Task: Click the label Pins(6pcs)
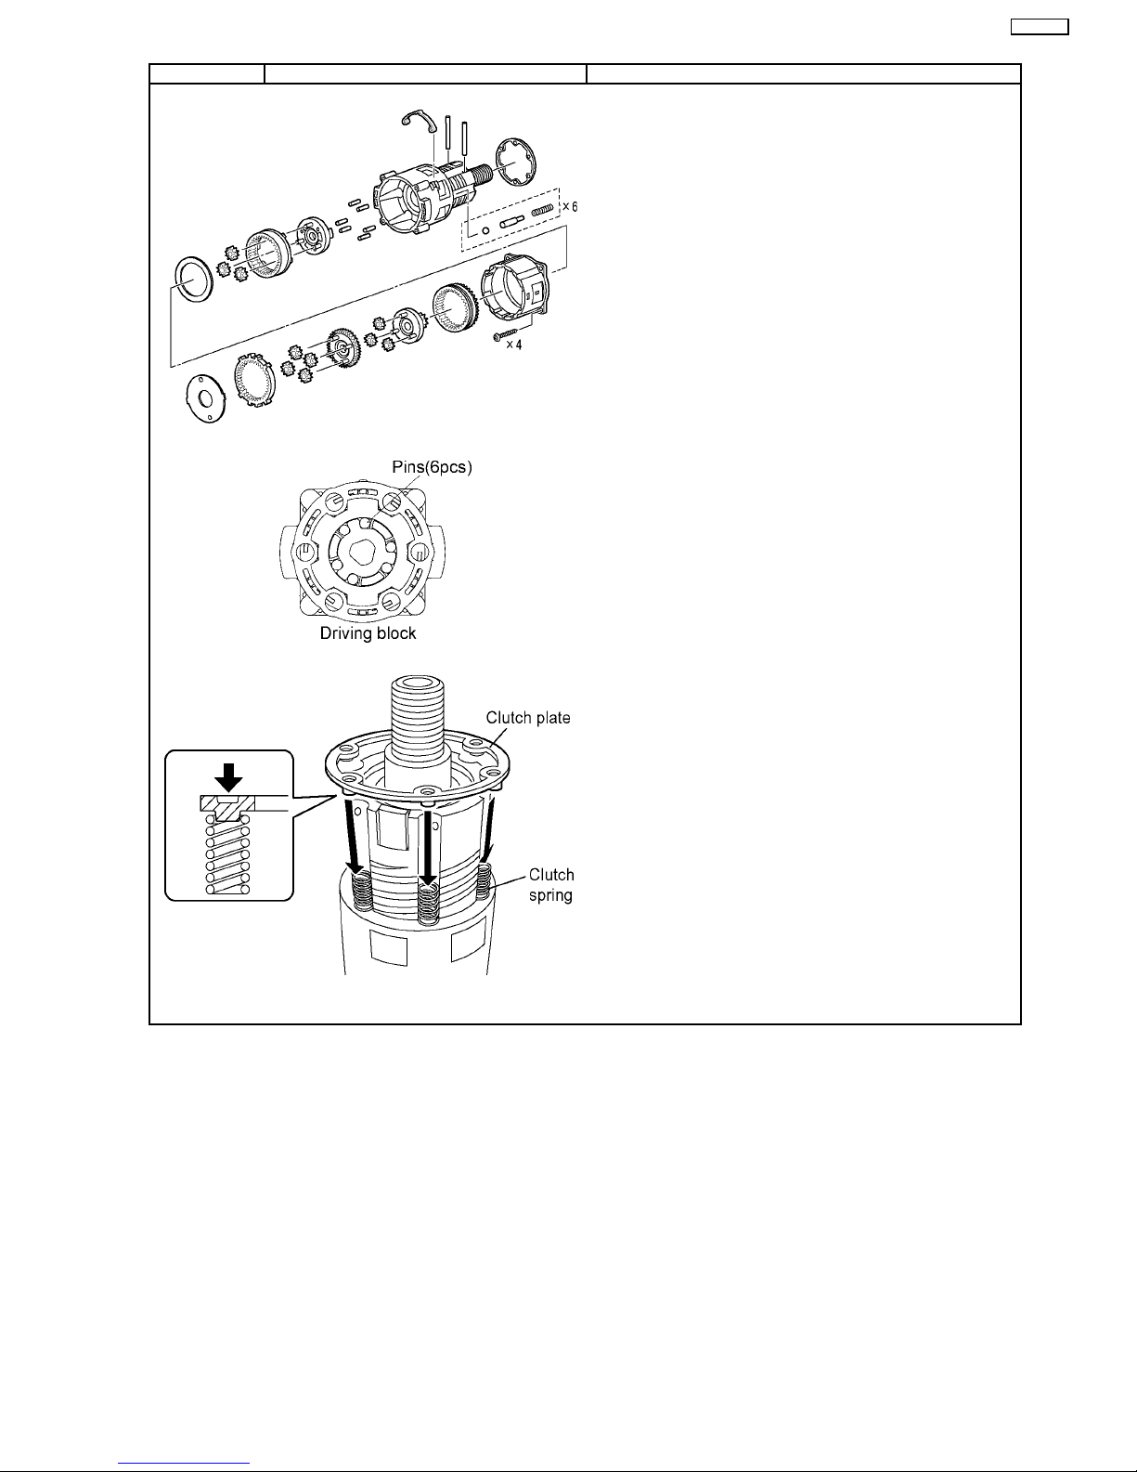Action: coord(432,467)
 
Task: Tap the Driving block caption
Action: coord(368,633)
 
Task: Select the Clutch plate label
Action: coord(528,718)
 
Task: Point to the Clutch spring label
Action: coord(551,885)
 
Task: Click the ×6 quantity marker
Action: coord(570,207)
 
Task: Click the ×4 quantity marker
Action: coord(514,345)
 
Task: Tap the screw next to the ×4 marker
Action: coord(505,334)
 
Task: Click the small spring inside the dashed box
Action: coord(543,212)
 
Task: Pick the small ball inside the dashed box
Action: coord(485,231)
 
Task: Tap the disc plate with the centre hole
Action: coord(206,397)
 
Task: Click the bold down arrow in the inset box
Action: coord(228,777)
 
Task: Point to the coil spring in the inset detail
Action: coord(228,855)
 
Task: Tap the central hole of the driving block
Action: coord(364,551)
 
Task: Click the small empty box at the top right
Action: coord(1040,26)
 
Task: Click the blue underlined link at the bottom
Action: coord(184,1464)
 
